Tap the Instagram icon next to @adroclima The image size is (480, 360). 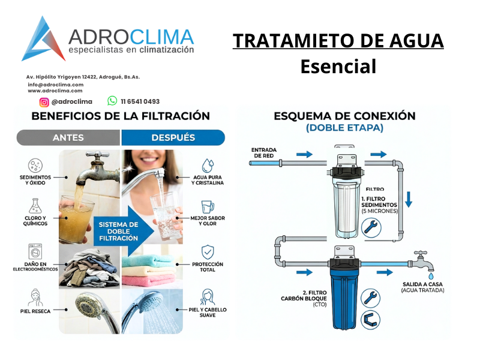tap(44, 102)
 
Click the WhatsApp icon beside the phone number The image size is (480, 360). tap(112, 101)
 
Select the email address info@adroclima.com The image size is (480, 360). tap(55, 85)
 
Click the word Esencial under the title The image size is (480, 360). tap(338, 66)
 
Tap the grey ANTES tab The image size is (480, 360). tap(68, 138)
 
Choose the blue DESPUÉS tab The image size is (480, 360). tap(173, 138)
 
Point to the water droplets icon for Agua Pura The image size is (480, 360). tap(207, 165)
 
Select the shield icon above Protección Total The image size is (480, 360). tap(207, 251)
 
